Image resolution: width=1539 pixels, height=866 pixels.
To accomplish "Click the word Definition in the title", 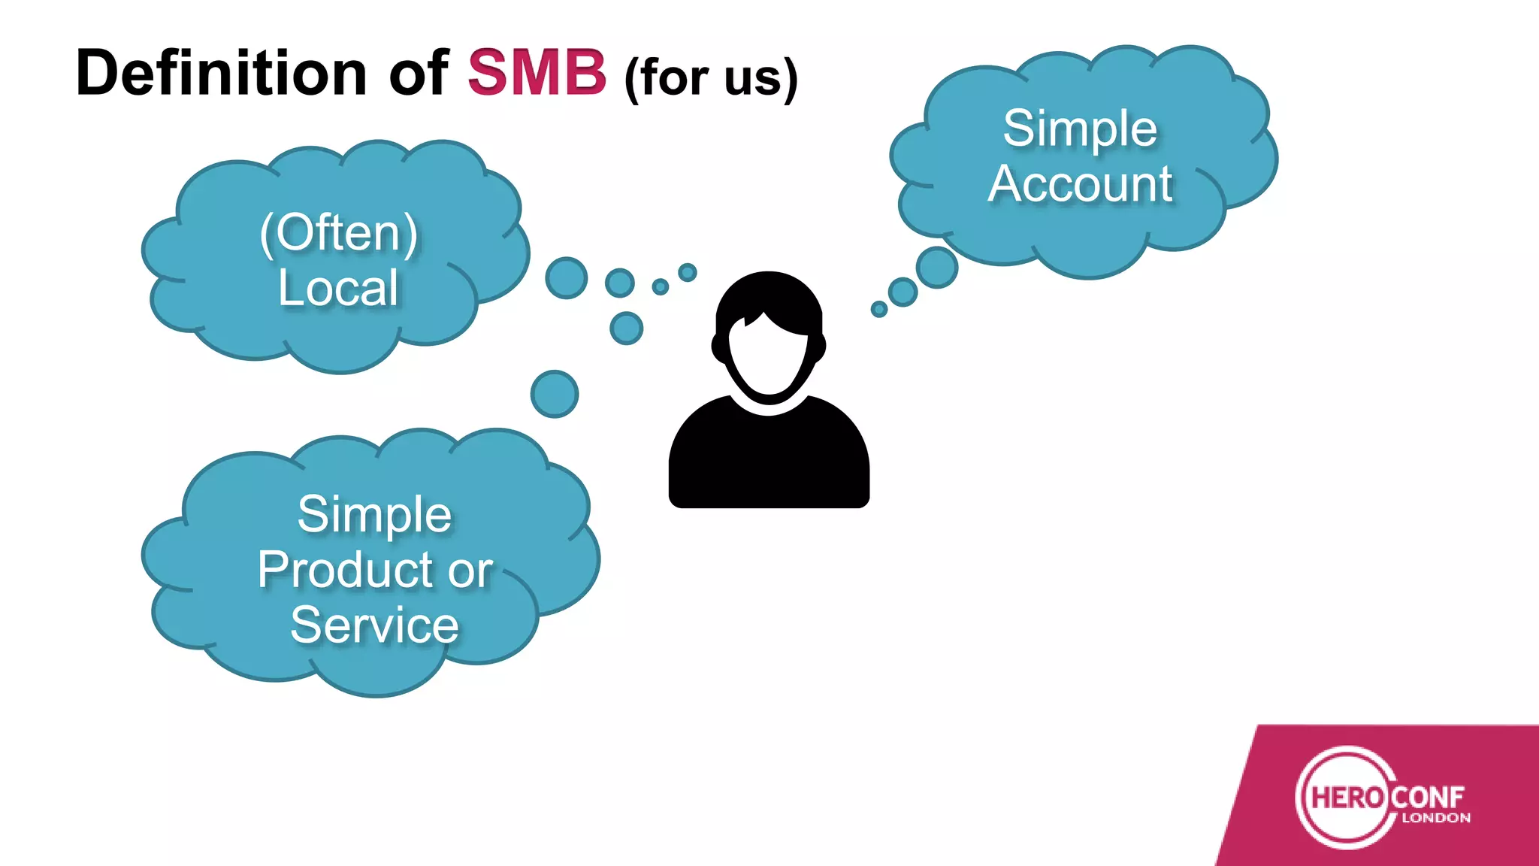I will click(221, 73).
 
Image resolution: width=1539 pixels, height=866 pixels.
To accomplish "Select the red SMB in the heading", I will click(537, 73).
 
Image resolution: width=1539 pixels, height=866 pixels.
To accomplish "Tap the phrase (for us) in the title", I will click(710, 77).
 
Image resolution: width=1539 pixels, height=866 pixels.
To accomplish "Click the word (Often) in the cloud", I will click(339, 233).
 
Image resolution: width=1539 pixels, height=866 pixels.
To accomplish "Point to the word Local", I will click(338, 288).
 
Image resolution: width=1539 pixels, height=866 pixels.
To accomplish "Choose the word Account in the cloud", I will click(1080, 184).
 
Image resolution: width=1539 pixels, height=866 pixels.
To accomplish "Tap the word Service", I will click(374, 625).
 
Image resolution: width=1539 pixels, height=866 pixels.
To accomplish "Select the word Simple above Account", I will click(1080, 129).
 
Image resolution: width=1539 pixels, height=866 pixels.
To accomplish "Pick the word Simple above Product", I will click(374, 515).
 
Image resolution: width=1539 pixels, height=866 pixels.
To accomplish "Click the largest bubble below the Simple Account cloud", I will click(937, 267).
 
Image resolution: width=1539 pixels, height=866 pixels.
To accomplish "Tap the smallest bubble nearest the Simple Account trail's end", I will click(878, 309).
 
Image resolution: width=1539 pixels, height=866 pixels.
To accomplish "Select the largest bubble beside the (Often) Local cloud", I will click(566, 277).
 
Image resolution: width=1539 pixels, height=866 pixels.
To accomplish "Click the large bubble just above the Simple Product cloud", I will click(555, 394).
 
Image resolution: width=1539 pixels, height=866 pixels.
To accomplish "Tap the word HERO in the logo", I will click(1347, 797).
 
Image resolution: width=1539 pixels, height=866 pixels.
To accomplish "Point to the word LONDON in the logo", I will click(1436, 818).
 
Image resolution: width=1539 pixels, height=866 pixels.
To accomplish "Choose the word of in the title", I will click(418, 73).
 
